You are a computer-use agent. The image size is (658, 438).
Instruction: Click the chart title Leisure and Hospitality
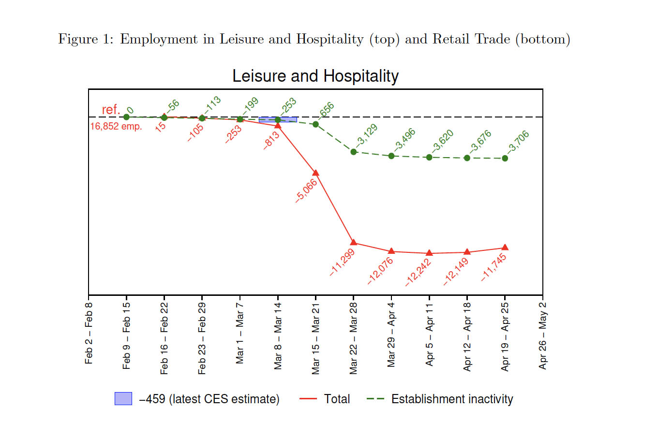click(x=315, y=76)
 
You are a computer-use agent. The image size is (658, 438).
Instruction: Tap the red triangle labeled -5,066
click(x=315, y=173)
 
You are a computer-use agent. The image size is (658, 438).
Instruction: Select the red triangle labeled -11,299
click(x=354, y=242)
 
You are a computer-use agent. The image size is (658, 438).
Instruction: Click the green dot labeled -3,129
click(x=354, y=152)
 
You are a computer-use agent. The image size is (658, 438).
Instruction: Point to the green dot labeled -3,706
click(x=505, y=159)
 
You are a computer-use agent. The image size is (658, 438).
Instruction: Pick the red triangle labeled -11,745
click(x=505, y=248)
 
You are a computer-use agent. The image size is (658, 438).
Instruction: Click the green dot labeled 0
click(x=126, y=117)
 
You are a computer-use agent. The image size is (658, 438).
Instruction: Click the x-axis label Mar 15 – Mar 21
click(x=315, y=338)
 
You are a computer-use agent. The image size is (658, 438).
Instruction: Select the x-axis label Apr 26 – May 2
click(x=542, y=336)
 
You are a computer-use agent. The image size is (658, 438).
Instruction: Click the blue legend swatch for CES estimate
click(x=123, y=399)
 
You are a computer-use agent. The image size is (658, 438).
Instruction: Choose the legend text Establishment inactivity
click(x=452, y=399)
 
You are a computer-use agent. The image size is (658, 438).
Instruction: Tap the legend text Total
click(x=337, y=399)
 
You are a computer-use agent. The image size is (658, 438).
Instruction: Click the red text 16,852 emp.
click(x=116, y=127)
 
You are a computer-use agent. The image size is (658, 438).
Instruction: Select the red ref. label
click(x=111, y=110)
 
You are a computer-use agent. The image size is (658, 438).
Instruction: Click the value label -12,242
click(x=418, y=272)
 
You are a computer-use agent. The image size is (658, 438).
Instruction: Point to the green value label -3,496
click(x=404, y=140)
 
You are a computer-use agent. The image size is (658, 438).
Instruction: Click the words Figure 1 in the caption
click(x=85, y=39)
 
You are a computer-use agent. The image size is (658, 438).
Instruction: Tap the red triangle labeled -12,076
click(x=391, y=251)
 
